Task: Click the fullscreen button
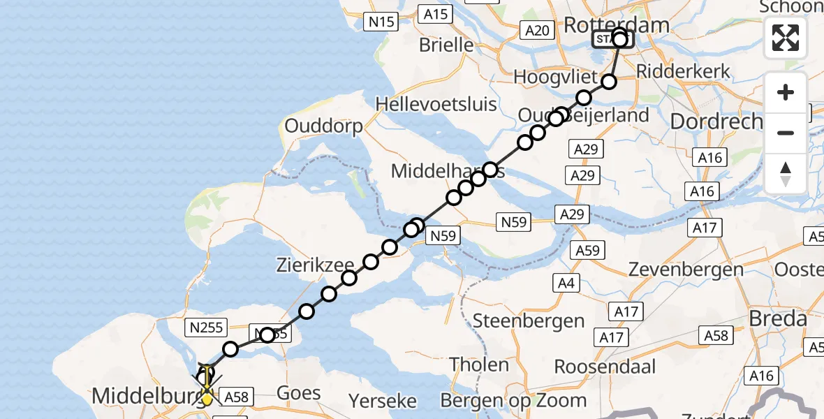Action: [786, 37]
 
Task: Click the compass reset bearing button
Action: [786, 174]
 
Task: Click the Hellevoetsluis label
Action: [436, 105]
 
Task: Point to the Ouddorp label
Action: [323, 127]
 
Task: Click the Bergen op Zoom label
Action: [513, 400]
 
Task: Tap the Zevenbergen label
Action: [676, 270]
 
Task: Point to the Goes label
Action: [299, 393]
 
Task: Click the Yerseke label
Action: [383, 401]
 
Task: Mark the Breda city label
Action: [779, 319]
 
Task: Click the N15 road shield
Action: [381, 22]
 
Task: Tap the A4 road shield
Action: [565, 282]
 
